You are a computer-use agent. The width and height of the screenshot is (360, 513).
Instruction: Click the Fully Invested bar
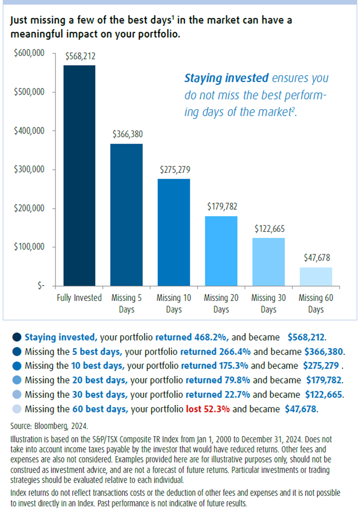pyautogui.click(x=79, y=175)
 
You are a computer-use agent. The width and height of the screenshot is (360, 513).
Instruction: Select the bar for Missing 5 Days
pyautogui.click(x=126, y=215)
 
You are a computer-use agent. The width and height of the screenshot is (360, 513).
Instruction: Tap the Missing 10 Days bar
pyautogui.click(x=173, y=232)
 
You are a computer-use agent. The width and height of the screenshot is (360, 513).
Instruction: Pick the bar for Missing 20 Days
pyautogui.click(x=221, y=251)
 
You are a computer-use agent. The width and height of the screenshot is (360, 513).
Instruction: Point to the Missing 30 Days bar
pyautogui.click(x=268, y=262)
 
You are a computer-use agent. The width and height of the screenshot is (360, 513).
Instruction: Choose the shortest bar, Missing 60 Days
pyautogui.click(x=316, y=277)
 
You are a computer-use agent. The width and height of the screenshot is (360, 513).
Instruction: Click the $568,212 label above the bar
pyautogui.click(x=80, y=56)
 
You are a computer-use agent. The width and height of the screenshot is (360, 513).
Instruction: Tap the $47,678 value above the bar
pyautogui.click(x=316, y=258)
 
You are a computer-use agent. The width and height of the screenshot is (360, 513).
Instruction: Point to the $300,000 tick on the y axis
pyautogui.click(x=30, y=169)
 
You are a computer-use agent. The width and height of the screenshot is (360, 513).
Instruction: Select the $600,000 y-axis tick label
pyautogui.click(x=30, y=53)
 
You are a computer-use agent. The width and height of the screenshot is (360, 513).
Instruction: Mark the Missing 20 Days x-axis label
pyautogui.click(x=221, y=304)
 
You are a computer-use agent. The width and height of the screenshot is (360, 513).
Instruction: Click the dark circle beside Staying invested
pyautogui.click(x=17, y=338)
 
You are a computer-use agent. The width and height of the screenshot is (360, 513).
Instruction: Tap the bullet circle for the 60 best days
pyautogui.click(x=17, y=409)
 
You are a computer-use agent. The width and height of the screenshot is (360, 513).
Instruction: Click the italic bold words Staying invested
pyautogui.click(x=226, y=78)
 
